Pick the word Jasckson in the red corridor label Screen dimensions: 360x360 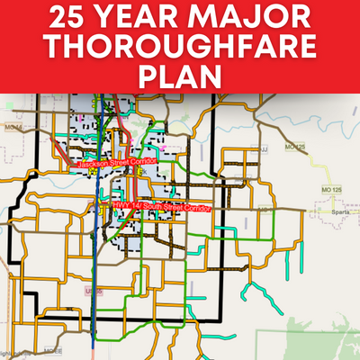[x=94, y=164]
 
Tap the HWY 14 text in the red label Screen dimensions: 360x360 [x=127, y=207]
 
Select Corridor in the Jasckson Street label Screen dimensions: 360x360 [x=144, y=160]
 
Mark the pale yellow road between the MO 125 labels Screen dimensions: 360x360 [x=317, y=160]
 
